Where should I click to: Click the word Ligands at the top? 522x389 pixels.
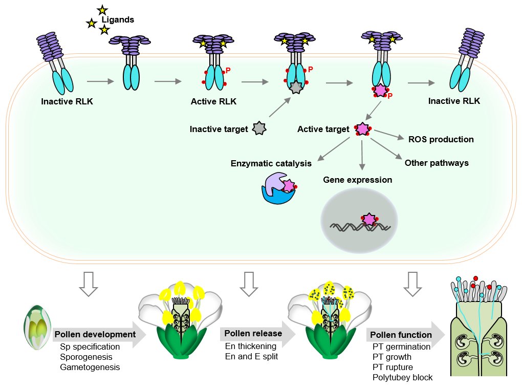tap(118, 19)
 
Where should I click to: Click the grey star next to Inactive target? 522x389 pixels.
tap(259, 128)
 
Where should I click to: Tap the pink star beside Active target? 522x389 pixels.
tap(362, 129)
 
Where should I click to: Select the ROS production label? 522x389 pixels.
tap(441, 139)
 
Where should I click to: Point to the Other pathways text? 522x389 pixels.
tap(437, 163)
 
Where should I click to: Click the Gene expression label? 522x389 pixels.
tap(358, 180)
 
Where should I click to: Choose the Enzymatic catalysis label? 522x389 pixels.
tap(271, 163)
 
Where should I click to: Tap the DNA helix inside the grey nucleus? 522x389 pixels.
tap(360, 227)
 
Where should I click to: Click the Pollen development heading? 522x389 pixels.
tap(95, 334)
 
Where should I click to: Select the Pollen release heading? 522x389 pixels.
tap(253, 333)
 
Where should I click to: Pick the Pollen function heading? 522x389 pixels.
tap(401, 335)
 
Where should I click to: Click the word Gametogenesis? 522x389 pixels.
tap(90, 367)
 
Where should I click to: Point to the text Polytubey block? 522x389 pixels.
tap(402, 377)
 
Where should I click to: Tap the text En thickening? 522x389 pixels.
tap(251, 346)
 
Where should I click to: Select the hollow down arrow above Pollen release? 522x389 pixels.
tap(249, 284)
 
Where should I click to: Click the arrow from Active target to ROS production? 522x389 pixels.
tap(389, 135)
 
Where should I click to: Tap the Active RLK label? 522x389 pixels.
tap(213, 101)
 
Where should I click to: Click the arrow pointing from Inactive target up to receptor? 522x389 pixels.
tap(279, 107)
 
